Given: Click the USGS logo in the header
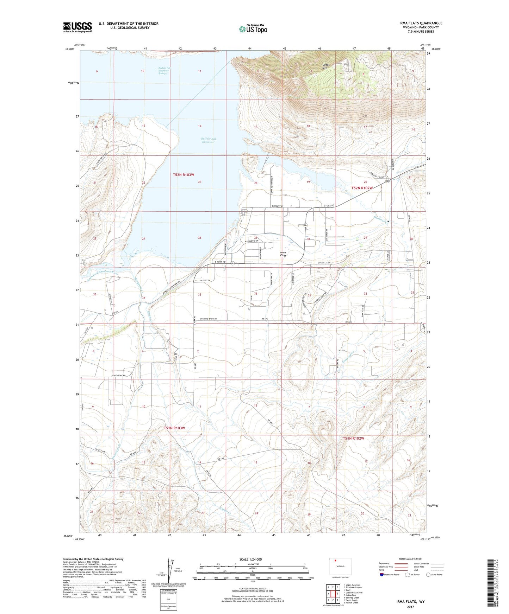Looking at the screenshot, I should coord(77,27).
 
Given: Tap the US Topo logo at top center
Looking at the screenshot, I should coord(253,29).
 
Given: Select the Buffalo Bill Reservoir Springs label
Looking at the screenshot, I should coord(164,71).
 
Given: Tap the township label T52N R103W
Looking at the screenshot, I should coord(184,174).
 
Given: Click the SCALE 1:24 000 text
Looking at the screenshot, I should coord(250,559).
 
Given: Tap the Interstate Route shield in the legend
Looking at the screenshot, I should coord(382,575).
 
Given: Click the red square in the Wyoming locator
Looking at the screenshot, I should coord(336,561).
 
